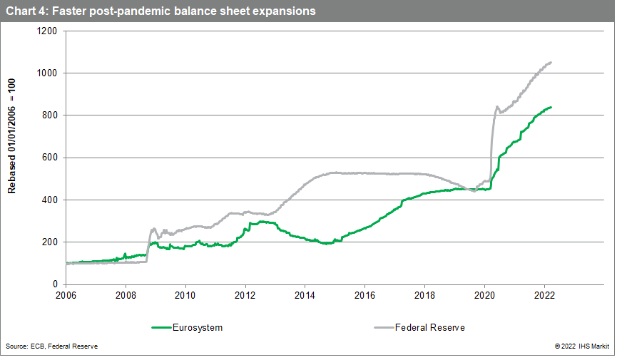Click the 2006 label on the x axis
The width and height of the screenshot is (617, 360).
pyautogui.click(x=66, y=293)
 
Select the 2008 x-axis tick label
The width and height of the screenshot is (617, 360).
pyautogui.click(x=126, y=293)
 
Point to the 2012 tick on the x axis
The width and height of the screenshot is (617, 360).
pyautogui.click(x=245, y=293)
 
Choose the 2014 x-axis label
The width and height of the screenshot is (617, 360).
pyautogui.click(x=305, y=293)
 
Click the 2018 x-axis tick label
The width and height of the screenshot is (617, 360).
pyautogui.click(x=425, y=293)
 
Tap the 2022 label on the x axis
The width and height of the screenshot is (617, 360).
pyautogui.click(x=545, y=293)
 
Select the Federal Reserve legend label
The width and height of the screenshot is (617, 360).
pyautogui.click(x=431, y=327)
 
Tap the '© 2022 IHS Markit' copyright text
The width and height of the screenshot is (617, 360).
pyautogui.click(x=578, y=346)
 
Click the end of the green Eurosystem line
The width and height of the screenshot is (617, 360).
pyautogui.click(x=551, y=107)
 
